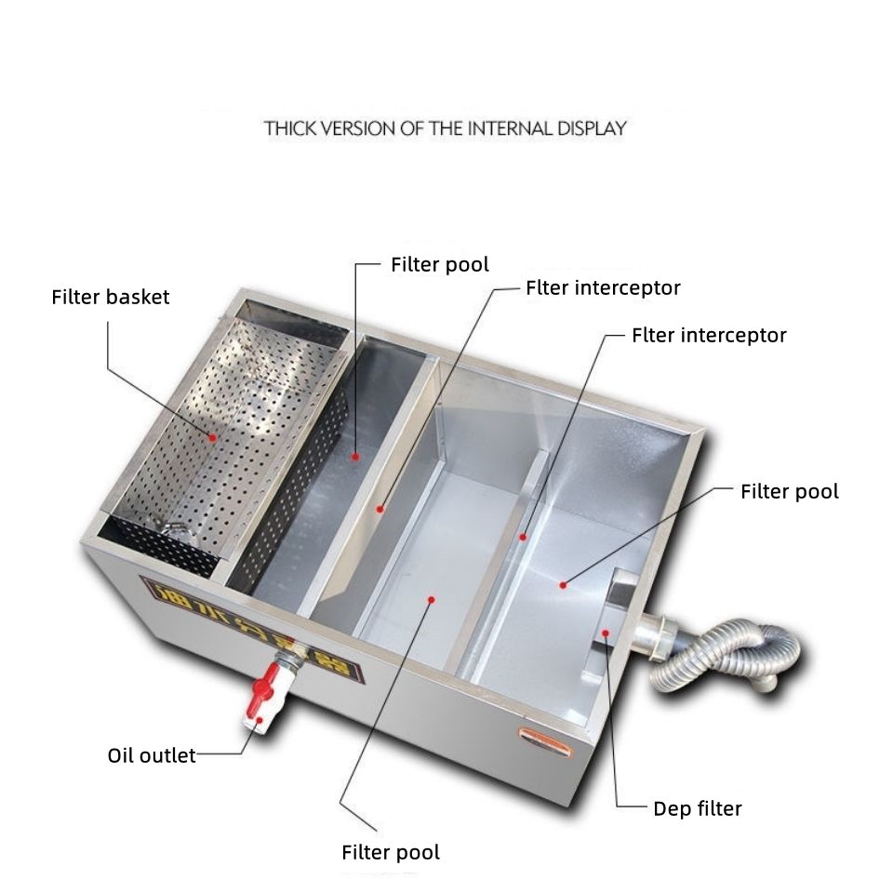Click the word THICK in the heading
pos(289,127)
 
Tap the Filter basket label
pos(111,298)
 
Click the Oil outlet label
pos(152,754)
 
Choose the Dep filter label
pos(698,808)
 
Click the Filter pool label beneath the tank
pos(391,852)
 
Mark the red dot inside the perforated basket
pos(213,435)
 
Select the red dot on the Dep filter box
pos(606,633)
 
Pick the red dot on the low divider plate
pos(523,537)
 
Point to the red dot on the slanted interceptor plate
pos(380,509)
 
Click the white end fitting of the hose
pos(765,681)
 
